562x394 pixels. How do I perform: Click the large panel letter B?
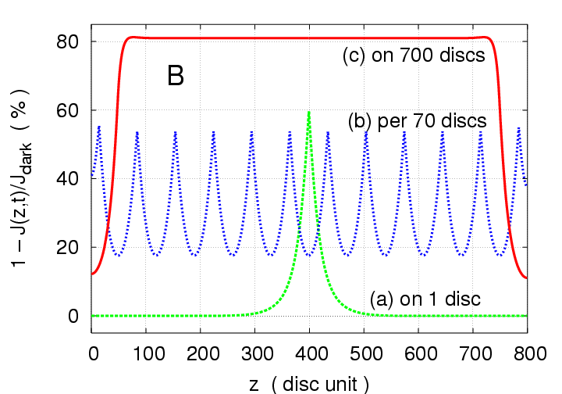[176, 76]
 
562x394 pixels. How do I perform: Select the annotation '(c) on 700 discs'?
[414, 57]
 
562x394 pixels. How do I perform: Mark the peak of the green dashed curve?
[310, 113]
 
